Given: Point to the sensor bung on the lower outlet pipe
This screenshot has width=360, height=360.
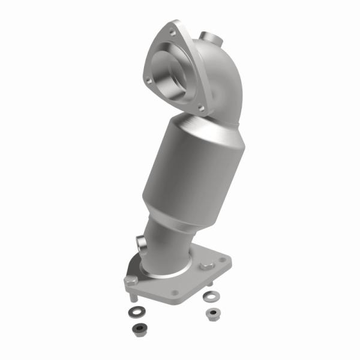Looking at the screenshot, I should (140, 245).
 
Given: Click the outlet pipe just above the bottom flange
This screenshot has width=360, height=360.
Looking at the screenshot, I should (168, 252).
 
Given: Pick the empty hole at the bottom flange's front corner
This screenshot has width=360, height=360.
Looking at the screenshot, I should (174, 293).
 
